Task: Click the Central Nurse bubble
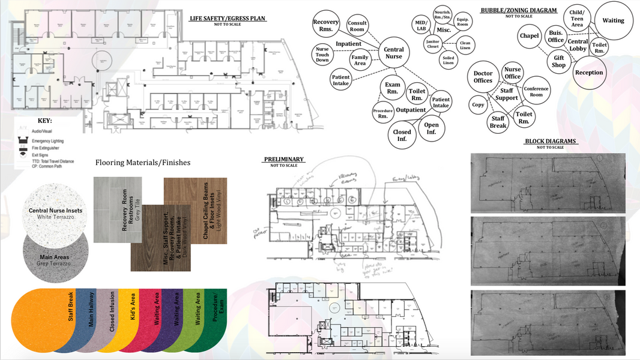tap(393, 53)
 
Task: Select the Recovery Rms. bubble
tap(326, 26)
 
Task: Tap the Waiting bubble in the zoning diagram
tap(613, 21)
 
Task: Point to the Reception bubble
tap(588, 73)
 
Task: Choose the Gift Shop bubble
tap(559, 61)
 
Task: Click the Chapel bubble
tap(529, 36)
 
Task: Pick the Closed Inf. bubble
tap(402, 135)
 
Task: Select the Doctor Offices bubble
tap(483, 77)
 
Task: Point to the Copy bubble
tap(478, 104)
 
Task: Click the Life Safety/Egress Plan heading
tap(228, 19)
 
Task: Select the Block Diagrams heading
tap(550, 142)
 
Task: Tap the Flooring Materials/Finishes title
tap(143, 162)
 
